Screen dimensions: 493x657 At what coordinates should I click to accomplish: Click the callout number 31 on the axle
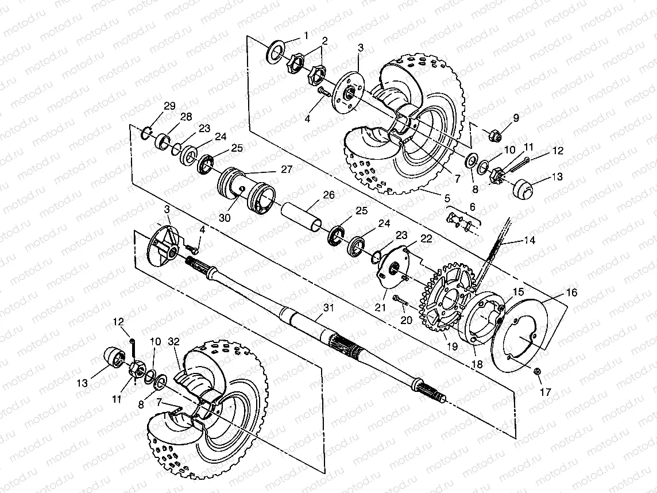328,309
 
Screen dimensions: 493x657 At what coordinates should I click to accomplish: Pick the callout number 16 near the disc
571,293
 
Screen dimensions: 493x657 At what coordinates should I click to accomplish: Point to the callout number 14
530,241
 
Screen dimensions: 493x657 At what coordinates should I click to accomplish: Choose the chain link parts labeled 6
459,221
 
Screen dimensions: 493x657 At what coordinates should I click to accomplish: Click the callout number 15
517,291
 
